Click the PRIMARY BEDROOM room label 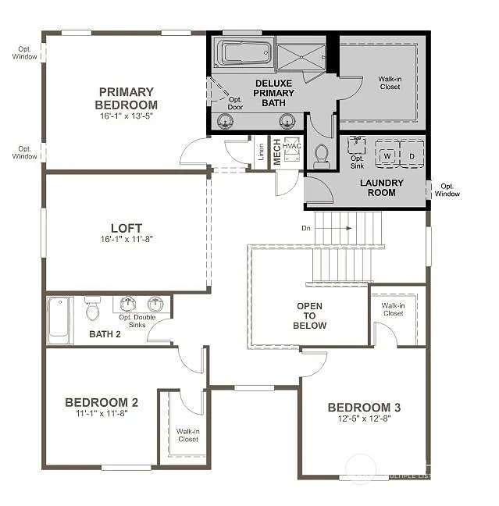(126, 98)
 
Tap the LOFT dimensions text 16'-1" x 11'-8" (126, 239)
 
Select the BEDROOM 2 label (102, 402)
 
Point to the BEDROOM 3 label (364, 407)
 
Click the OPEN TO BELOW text (310, 315)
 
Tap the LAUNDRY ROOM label (382, 187)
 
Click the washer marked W (386, 155)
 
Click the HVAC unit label (292, 146)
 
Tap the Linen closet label (261, 154)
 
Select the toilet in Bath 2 (93, 310)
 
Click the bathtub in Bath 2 (59, 320)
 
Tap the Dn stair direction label (306, 228)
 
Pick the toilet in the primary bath (321, 155)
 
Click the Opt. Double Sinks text (137, 317)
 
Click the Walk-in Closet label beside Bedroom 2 (187, 435)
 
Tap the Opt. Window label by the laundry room (447, 190)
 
